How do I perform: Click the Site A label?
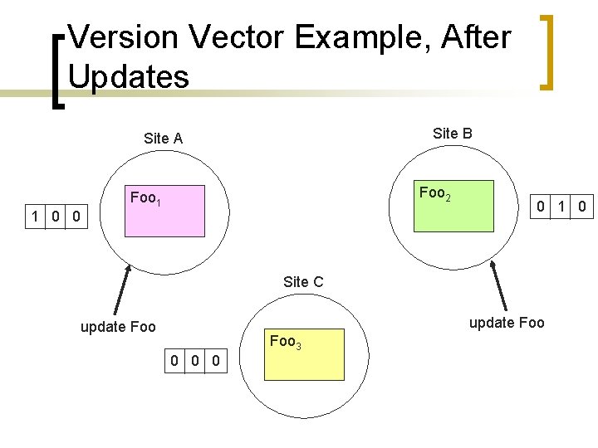[x=163, y=139]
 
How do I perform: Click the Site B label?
[x=453, y=133]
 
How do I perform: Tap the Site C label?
[x=303, y=282]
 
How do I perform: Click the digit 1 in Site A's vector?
[x=35, y=217]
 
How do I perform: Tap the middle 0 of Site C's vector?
[x=194, y=360]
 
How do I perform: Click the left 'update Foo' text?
[x=118, y=327]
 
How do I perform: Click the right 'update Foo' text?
[x=507, y=323]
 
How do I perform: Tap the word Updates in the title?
[x=129, y=76]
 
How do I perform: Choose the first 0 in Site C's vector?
[x=174, y=360]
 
